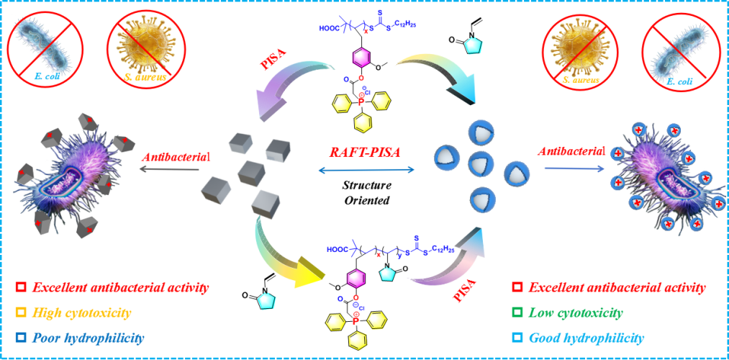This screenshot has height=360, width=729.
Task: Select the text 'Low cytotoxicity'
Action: click(576, 313)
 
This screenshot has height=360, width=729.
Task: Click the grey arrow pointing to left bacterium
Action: click(169, 170)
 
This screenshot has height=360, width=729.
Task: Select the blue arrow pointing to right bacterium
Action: click(573, 168)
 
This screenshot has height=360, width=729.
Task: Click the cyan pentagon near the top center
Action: click(472, 45)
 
